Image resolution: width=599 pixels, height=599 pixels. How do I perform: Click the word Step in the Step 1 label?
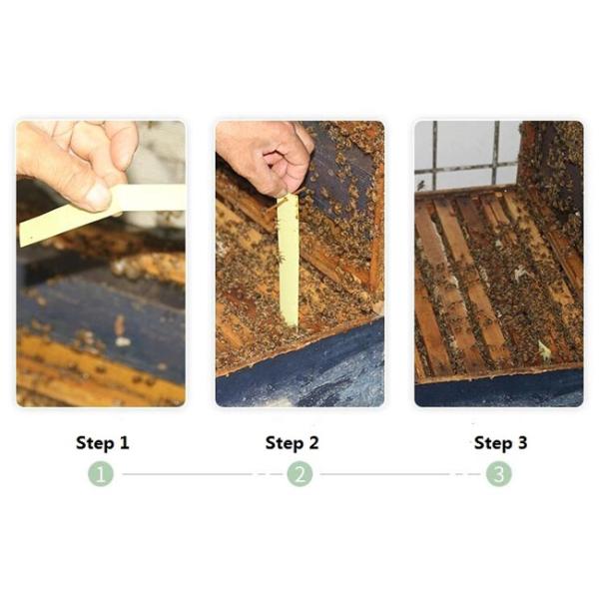(x=95, y=443)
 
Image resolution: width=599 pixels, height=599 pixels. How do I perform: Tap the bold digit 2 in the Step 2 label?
(x=313, y=442)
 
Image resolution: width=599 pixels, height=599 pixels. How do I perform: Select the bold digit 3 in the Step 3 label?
(x=522, y=442)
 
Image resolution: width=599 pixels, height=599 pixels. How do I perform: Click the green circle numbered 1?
(x=101, y=474)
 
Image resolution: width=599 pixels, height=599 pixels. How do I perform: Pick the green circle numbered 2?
(x=299, y=474)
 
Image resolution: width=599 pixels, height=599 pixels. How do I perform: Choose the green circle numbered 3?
(x=499, y=474)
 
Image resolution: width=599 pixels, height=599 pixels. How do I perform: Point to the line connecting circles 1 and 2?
(x=203, y=474)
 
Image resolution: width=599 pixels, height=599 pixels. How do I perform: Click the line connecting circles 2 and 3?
(x=400, y=474)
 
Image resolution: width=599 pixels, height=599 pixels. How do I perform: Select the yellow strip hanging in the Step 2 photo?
(x=290, y=261)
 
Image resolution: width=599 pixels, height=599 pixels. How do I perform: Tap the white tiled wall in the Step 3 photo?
(x=466, y=155)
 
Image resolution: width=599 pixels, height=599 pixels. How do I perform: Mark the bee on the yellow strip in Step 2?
(x=281, y=259)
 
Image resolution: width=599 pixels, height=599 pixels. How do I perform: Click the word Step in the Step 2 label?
(x=285, y=443)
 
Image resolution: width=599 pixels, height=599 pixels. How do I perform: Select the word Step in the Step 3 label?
(x=493, y=443)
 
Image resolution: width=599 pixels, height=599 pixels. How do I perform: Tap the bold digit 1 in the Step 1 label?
(x=124, y=442)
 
